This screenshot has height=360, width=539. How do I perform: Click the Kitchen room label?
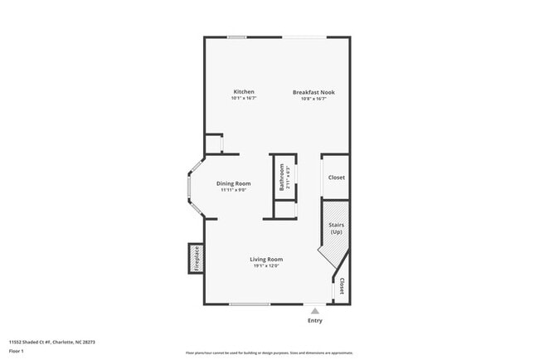click(243, 91)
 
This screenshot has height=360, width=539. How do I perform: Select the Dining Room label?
click(233, 183)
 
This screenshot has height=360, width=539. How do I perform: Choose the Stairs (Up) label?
click(336, 228)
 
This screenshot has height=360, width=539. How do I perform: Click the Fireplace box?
click(197, 258)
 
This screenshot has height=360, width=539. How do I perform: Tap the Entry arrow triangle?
click(314, 310)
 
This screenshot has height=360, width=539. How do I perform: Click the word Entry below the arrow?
click(315, 320)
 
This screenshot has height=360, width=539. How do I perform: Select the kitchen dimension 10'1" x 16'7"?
click(243, 99)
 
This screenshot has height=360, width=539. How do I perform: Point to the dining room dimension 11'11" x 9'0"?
click(233, 190)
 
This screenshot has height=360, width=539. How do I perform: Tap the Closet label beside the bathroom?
click(336, 178)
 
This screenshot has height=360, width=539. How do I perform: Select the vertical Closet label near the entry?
click(342, 286)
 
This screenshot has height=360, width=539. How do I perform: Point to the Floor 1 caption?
click(17, 351)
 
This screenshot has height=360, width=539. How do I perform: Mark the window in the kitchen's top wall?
click(237, 36)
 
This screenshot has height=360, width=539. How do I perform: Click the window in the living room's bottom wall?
click(249, 304)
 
